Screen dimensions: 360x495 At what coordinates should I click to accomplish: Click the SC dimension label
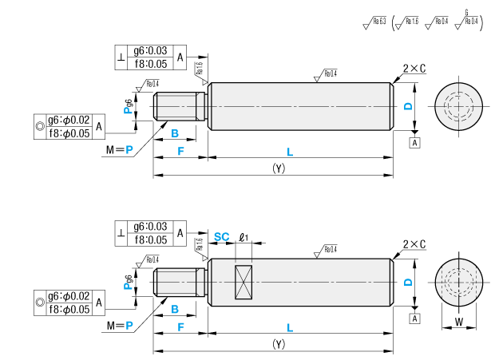(222, 237)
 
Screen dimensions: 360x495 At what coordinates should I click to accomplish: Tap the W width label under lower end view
(459, 322)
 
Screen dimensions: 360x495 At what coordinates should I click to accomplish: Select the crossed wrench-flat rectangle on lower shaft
(244, 283)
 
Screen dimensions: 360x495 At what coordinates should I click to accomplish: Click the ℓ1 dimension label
(244, 237)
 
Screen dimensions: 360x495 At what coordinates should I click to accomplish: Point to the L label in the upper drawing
(290, 151)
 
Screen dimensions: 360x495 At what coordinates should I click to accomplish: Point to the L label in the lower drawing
(290, 328)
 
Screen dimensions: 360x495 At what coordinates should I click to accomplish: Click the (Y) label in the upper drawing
(278, 168)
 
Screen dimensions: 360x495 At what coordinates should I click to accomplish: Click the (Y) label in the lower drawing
(278, 345)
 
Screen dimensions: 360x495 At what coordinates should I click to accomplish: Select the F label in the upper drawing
(180, 151)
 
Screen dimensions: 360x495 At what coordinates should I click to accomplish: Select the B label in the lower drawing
(175, 308)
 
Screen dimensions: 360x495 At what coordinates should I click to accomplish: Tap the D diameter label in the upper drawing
(407, 106)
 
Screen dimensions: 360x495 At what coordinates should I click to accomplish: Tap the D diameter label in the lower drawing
(407, 283)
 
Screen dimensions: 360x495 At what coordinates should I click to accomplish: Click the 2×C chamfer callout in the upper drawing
(414, 69)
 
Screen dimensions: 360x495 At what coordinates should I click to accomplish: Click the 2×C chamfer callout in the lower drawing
(414, 245)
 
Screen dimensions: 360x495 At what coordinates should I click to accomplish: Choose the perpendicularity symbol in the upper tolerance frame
(122, 57)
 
